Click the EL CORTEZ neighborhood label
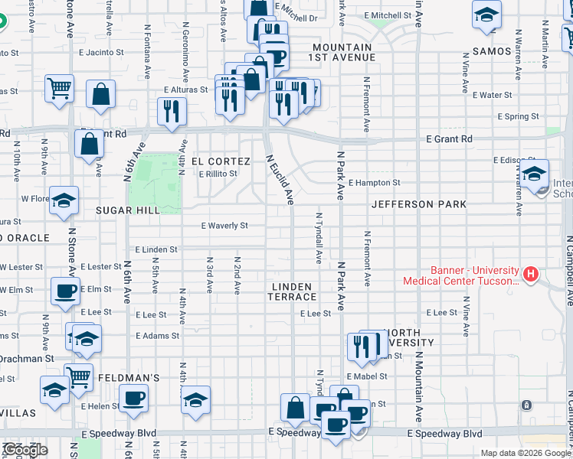pyautogui.click(x=221, y=161)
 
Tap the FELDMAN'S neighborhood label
pyautogui.click(x=127, y=378)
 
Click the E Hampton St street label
pyautogui.click(x=374, y=183)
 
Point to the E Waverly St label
pyautogui.click(x=224, y=226)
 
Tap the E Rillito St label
pyautogui.click(x=218, y=174)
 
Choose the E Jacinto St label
pyautogui.click(x=101, y=53)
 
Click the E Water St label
pyautogui.click(x=492, y=96)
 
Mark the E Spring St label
pyautogui.click(x=518, y=117)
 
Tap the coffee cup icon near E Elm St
pyautogui.click(x=64, y=290)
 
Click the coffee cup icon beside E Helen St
pyautogui.click(x=134, y=398)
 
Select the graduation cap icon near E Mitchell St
pyautogui.click(x=486, y=15)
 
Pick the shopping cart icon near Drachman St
pyautogui.click(x=78, y=376)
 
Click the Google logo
pyautogui.click(x=25, y=450)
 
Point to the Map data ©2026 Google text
pyautogui.click(x=525, y=453)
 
